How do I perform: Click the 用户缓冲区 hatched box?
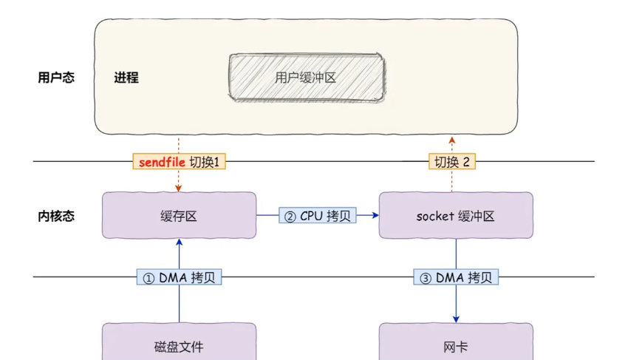(x=306, y=77)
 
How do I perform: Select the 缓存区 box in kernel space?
(x=179, y=216)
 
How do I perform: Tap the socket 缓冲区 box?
(x=455, y=216)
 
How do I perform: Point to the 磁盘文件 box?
(x=179, y=345)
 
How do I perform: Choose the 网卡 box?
(x=455, y=345)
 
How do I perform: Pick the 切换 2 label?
(x=452, y=162)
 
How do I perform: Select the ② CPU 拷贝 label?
(x=318, y=216)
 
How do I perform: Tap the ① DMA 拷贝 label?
(x=180, y=278)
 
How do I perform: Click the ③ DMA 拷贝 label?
(x=456, y=278)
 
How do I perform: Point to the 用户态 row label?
(x=56, y=77)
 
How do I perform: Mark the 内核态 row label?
(x=56, y=217)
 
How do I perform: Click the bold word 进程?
(x=126, y=77)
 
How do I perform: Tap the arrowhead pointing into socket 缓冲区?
(x=375, y=216)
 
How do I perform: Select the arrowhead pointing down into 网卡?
(x=456, y=319)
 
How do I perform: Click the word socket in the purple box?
(x=432, y=217)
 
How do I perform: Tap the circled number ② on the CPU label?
(x=290, y=217)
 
